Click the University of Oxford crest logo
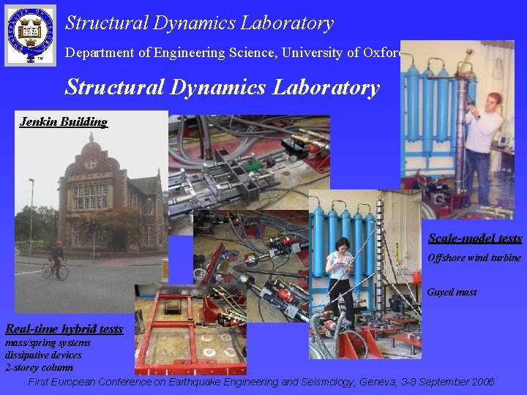(30, 34)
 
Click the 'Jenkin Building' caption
(63, 122)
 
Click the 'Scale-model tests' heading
(474, 238)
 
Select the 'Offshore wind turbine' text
(474, 257)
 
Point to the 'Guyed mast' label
(452, 292)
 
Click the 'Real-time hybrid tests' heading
(64, 328)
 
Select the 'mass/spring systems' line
(48, 342)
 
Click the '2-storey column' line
(39, 367)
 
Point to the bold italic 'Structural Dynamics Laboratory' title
(222, 88)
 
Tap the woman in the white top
(341, 278)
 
